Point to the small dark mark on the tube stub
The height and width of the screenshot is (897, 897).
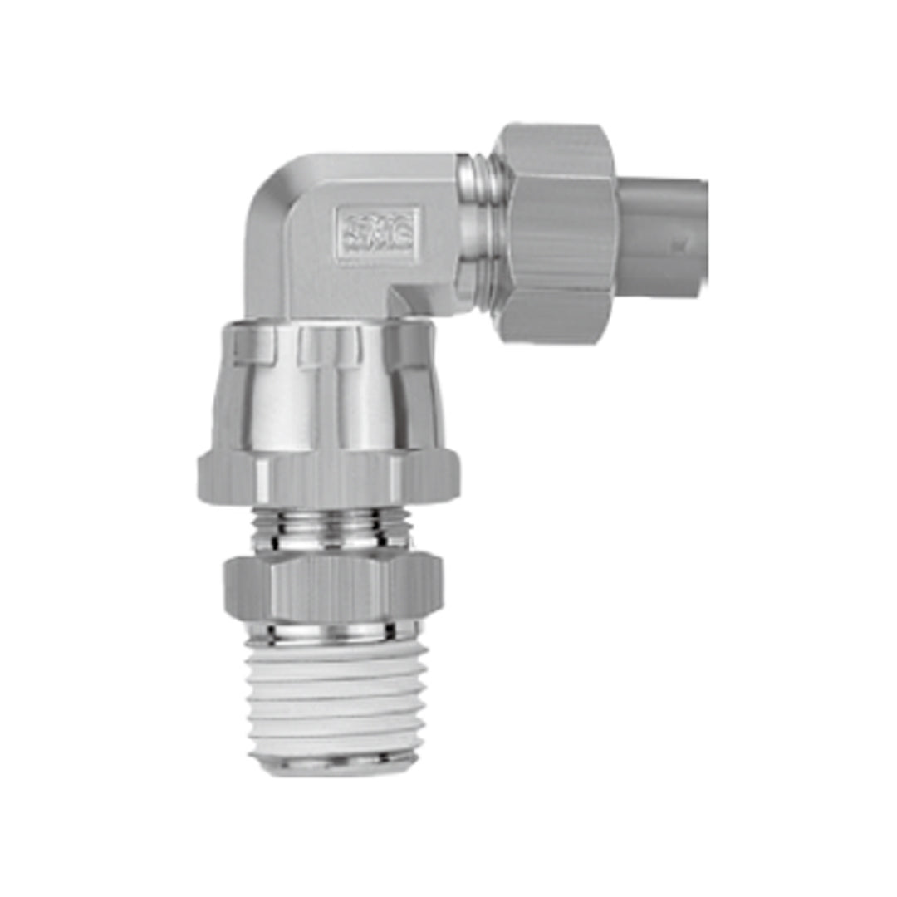tap(679, 245)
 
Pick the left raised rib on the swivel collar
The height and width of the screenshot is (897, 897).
tap(252, 345)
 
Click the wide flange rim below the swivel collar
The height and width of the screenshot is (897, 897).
tap(329, 478)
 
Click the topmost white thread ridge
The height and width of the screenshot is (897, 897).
tap(337, 653)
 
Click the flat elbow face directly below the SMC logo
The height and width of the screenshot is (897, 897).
tap(365, 282)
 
